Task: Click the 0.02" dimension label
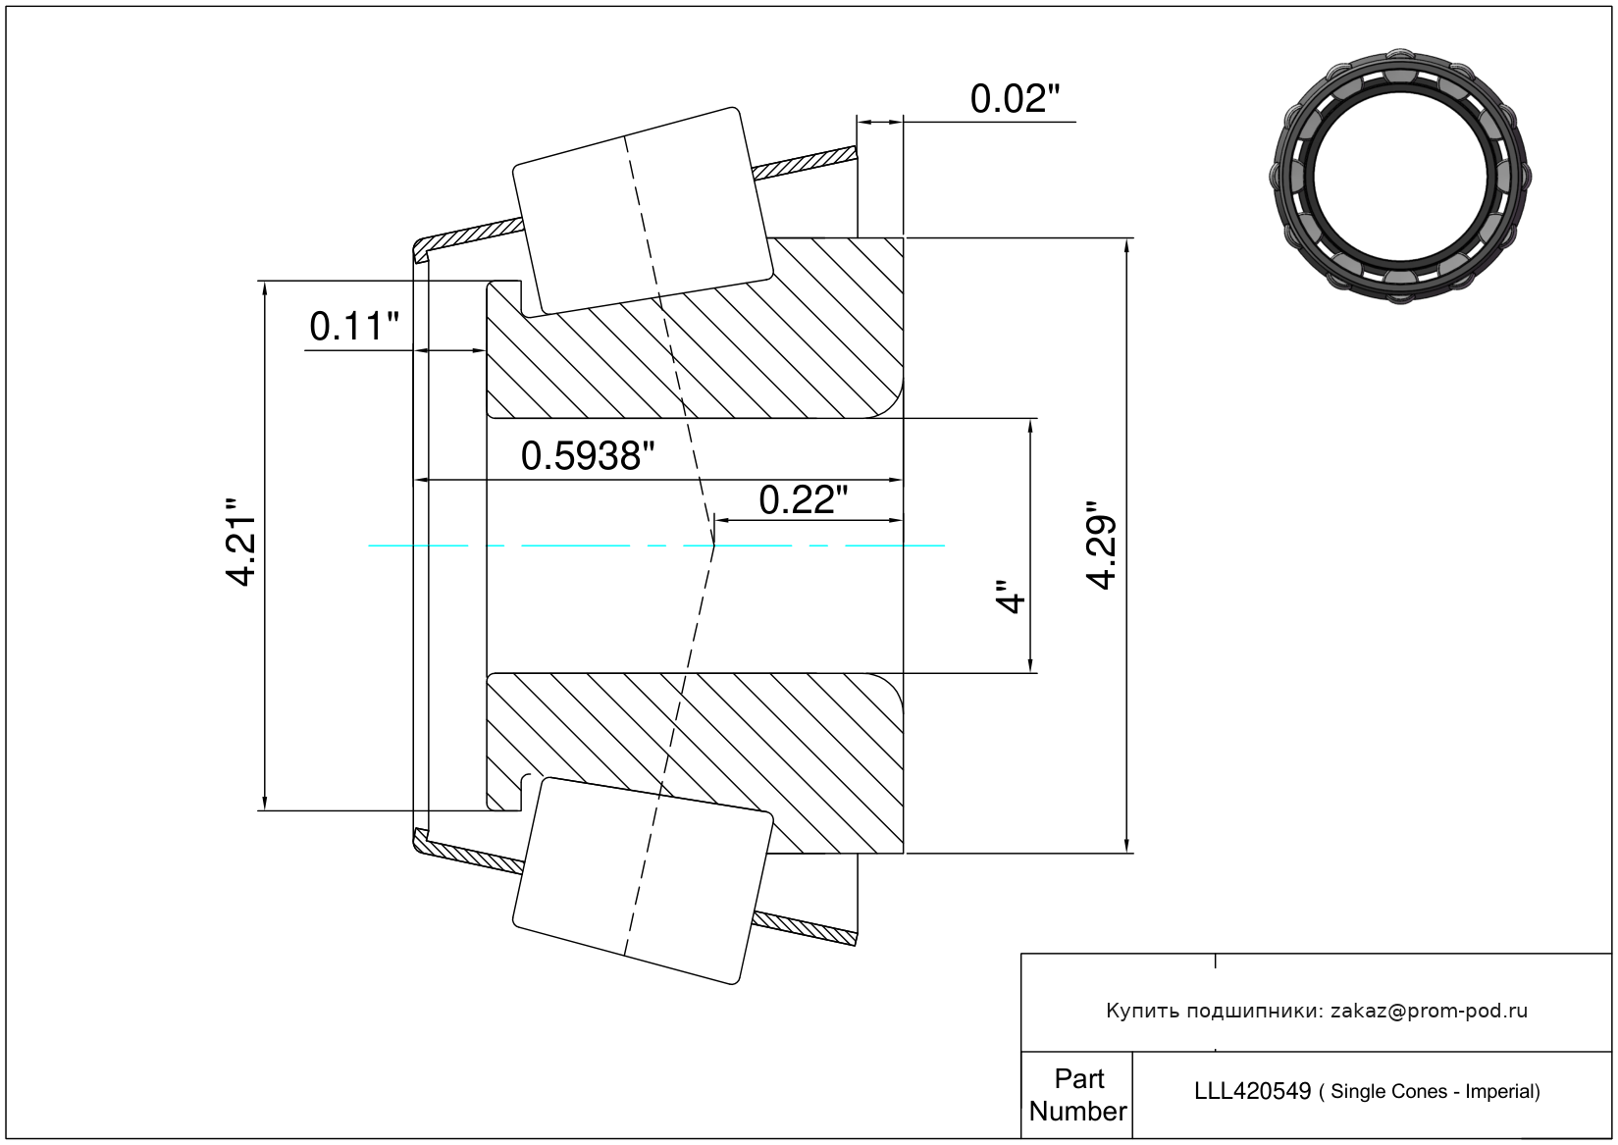[x=1015, y=99]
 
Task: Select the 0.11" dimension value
[x=354, y=326]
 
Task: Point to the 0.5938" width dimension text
[x=587, y=456]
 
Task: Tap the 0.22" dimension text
[x=803, y=500]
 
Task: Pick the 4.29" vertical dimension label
[x=1102, y=546]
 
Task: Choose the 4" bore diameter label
[x=1012, y=596]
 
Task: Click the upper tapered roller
[x=643, y=212]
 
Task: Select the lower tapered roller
[x=643, y=880]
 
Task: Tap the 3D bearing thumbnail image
[x=1400, y=177]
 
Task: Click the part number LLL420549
[x=1253, y=1091]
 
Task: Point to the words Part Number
[x=1078, y=1095]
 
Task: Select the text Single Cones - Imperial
[x=1435, y=1092]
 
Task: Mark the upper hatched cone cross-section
[x=695, y=328]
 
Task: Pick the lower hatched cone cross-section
[x=695, y=763]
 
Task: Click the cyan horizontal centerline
[x=656, y=546]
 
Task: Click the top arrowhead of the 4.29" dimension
[x=1126, y=245]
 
